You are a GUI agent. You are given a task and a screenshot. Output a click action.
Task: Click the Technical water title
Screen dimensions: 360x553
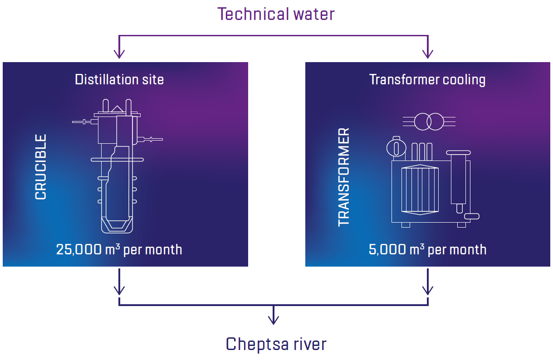(x=276, y=14)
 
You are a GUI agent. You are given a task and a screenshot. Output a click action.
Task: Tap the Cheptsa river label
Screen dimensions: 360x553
(x=276, y=344)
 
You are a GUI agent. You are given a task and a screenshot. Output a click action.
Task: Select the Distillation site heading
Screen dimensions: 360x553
(x=119, y=80)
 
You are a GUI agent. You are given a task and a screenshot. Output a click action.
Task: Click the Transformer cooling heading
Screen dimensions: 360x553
(x=427, y=80)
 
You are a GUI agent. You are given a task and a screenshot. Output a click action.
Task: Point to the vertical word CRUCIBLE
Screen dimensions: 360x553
(x=41, y=167)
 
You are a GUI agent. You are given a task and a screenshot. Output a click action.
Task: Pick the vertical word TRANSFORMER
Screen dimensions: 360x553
(x=344, y=177)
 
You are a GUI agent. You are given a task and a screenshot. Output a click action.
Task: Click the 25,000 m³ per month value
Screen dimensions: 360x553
(x=119, y=249)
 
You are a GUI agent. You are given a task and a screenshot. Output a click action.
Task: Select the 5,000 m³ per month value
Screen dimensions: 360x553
(x=427, y=249)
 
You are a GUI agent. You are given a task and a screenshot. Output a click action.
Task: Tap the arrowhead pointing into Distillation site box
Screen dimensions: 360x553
(x=119, y=54)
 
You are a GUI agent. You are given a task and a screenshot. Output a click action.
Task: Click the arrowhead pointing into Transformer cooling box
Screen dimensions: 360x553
(x=427, y=54)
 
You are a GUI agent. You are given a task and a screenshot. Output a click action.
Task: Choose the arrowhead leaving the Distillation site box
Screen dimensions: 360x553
(x=119, y=290)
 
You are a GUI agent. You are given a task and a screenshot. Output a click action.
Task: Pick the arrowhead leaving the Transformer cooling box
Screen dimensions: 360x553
(x=427, y=290)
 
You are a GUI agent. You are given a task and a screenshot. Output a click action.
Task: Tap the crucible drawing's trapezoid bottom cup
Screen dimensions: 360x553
(x=117, y=224)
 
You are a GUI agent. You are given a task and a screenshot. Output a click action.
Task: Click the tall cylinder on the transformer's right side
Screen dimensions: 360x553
(x=459, y=179)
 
